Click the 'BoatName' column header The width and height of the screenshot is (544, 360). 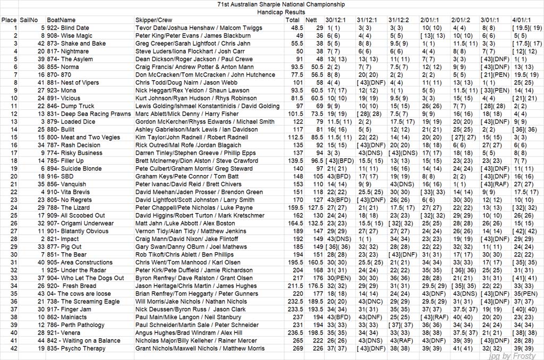61,20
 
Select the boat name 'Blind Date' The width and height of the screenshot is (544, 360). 75,28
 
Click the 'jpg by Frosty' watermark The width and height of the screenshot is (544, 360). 515,356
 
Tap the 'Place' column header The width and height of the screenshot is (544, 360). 9,20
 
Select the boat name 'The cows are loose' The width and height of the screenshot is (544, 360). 84,294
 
